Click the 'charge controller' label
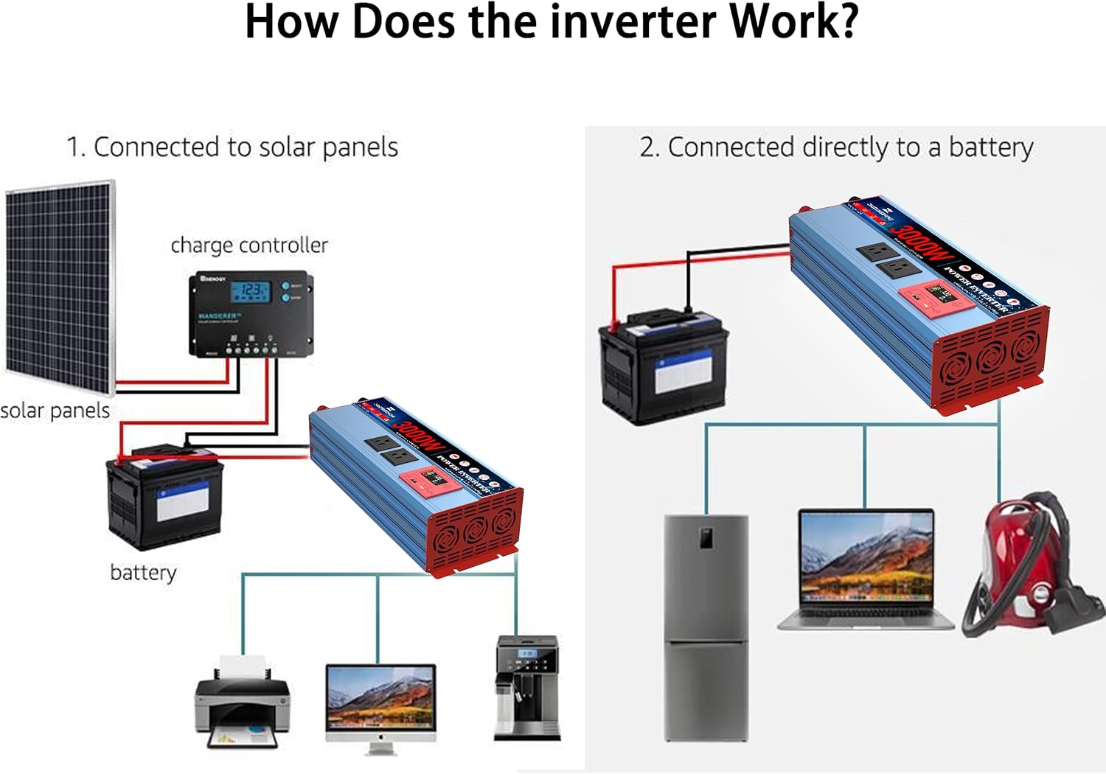tap(249, 245)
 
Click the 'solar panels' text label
tap(55, 411)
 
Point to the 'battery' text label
tap(143, 573)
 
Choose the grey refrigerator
tap(706, 627)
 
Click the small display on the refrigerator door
tap(706, 537)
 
